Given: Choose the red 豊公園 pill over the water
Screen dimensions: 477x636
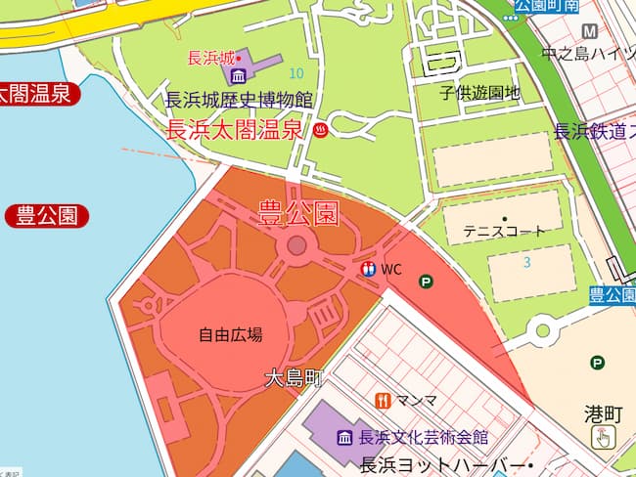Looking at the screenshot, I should tap(46, 216).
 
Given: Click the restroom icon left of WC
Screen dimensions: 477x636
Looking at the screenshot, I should tap(369, 269).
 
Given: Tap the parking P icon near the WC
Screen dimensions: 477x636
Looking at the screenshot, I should tap(426, 282).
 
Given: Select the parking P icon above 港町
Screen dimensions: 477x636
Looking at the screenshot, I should tap(597, 363).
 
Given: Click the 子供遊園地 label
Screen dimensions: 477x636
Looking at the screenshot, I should tap(479, 94).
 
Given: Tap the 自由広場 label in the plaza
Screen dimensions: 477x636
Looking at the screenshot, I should tap(231, 334).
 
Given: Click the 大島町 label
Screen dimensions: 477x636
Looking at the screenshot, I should tap(294, 378).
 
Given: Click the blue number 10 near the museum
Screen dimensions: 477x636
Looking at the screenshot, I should tap(296, 73).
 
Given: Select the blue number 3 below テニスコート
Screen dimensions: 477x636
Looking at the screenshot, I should tap(526, 262).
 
